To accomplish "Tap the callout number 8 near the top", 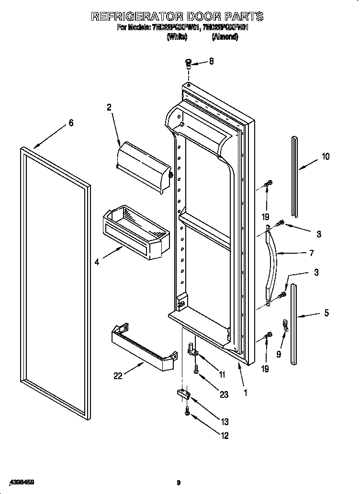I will click(211, 61).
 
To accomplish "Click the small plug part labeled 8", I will click(188, 62).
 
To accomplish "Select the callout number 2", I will click(109, 108).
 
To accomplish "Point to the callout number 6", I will click(71, 123).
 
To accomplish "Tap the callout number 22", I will click(118, 376).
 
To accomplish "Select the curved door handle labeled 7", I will click(272, 263).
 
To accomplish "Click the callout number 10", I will click(326, 156).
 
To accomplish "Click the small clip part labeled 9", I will click(284, 326).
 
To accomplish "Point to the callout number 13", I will click(225, 422).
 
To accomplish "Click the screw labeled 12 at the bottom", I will click(188, 411).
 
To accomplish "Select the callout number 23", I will click(224, 395).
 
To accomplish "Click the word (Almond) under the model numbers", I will click(225, 37).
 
